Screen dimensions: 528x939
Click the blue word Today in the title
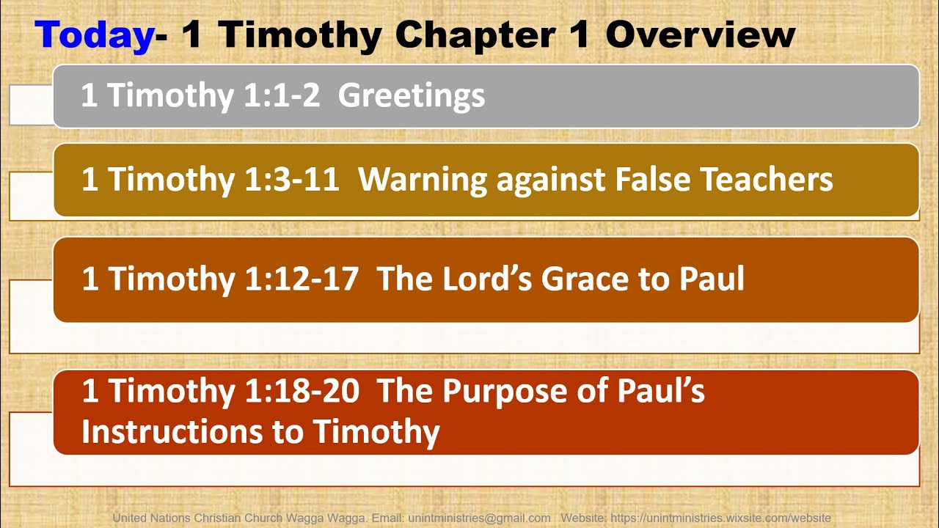pos(94,34)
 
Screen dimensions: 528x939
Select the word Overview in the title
pos(701,34)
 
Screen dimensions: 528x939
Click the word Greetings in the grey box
pos(412,96)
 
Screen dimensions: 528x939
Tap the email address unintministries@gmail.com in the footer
pos(479,518)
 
